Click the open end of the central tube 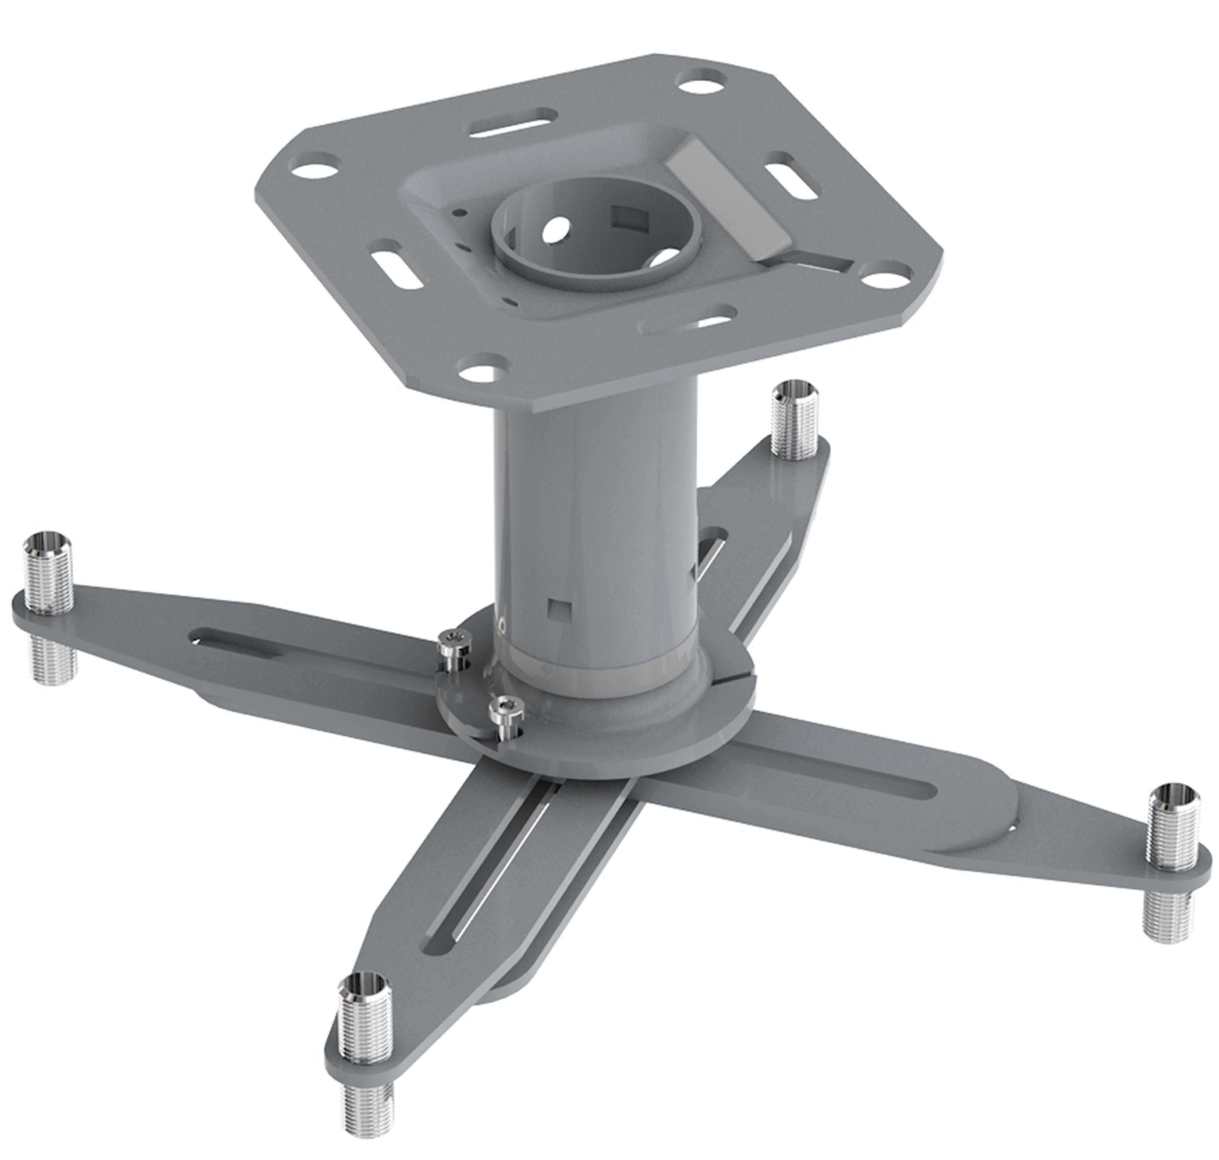coord(596,238)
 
